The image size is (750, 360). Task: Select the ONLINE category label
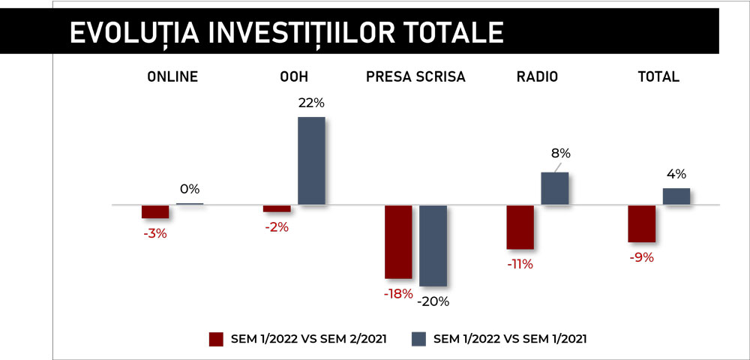(x=172, y=77)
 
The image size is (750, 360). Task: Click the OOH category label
(x=294, y=77)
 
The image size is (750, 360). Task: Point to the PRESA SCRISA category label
(x=415, y=77)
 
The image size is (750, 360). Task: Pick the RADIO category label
(x=537, y=77)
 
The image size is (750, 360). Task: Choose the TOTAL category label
(x=658, y=77)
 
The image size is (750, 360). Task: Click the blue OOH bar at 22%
(x=311, y=160)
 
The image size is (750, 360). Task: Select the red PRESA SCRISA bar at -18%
(x=398, y=242)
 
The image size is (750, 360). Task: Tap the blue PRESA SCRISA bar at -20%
(x=433, y=246)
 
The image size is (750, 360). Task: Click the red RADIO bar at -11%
(x=520, y=227)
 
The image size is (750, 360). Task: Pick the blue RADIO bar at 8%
(x=555, y=188)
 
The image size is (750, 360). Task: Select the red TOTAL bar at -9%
(x=641, y=223)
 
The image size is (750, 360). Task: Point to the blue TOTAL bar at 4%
(x=676, y=196)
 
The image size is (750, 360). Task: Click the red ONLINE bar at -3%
(x=155, y=211)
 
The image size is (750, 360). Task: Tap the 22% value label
(x=311, y=103)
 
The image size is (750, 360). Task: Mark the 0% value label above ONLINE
(x=190, y=189)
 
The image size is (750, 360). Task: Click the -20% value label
(x=433, y=301)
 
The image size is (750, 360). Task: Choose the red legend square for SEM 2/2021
(x=217, y=339)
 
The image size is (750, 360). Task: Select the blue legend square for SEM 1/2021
(x=418, y=339)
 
